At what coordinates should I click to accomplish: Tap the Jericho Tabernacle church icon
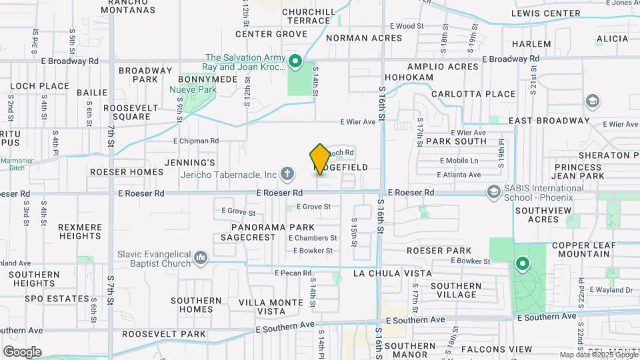287,175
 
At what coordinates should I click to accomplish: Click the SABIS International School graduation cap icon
494,193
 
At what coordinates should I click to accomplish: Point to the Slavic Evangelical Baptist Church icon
201,257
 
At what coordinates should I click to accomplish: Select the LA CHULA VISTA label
392,273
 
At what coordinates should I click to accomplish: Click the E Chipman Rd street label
196,141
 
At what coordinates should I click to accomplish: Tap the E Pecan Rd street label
293,273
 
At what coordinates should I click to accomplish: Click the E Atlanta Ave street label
459,175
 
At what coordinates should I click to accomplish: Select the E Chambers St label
313,238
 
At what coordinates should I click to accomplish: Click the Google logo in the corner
22,351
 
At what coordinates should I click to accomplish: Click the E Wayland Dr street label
610,290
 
